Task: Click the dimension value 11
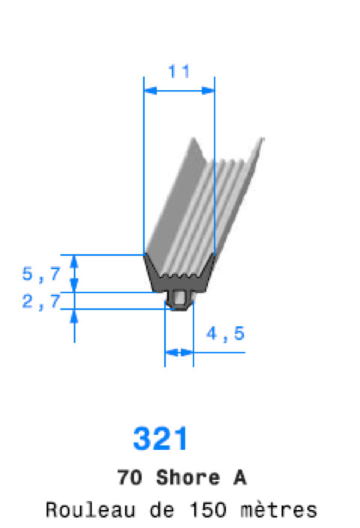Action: tap(178, 71)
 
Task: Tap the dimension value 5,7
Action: tap(41, 274)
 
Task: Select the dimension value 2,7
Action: tap(41, 301)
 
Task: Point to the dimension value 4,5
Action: tap(225, 334)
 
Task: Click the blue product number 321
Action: tap(160, 438)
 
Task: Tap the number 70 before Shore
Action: tap(130, 478)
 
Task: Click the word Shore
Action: tap(188, 478)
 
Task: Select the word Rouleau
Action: tap(90, 510)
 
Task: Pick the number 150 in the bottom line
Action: tap(208, 510)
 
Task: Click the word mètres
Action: tap(279, 510)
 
